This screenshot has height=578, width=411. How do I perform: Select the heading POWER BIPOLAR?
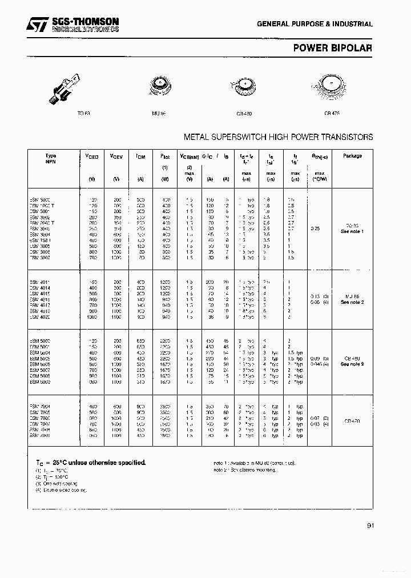[x=332, y=48]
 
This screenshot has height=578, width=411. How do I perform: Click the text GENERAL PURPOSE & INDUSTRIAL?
[x=315, y=25]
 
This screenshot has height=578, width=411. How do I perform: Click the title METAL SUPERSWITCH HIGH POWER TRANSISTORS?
[x=278, y=137]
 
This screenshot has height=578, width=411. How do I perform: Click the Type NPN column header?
[x=51, y=158]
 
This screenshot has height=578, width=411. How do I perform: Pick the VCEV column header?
[x=116, y=156]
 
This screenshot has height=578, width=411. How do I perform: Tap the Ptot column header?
[x=164, y=156]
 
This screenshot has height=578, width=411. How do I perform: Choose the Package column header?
[x=352, y=155]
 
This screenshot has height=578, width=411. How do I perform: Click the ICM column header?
[x=140, y=156]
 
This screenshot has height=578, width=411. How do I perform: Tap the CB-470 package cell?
[x=352, y=420]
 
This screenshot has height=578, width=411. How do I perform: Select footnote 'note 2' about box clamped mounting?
[x=244, y=469]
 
